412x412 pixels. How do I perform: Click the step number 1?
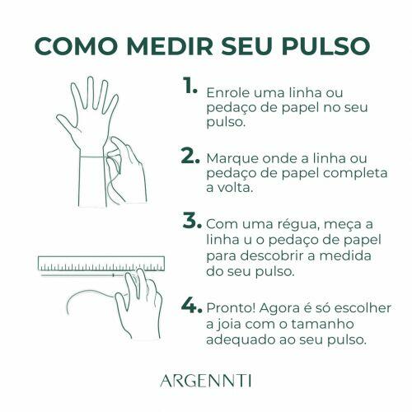click(x=190, y=87)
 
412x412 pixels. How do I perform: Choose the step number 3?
click(x=191, y=222)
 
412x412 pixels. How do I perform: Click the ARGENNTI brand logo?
click(x=206, y=380)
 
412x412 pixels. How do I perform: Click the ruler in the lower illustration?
click(x=99, y=265)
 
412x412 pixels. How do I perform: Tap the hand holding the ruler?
click(x=140, y=301)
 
